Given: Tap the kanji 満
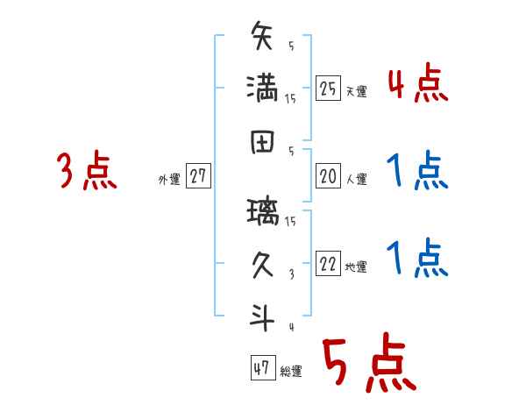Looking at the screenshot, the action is point(262,89).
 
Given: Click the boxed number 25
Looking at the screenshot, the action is point(328,89).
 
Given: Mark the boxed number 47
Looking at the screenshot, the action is point(260,368).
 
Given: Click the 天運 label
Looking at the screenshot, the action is point(356,91).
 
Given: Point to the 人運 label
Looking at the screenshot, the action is point(356,180).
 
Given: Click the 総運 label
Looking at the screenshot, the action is point(291,371).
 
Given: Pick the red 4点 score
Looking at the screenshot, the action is point(416,86).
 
